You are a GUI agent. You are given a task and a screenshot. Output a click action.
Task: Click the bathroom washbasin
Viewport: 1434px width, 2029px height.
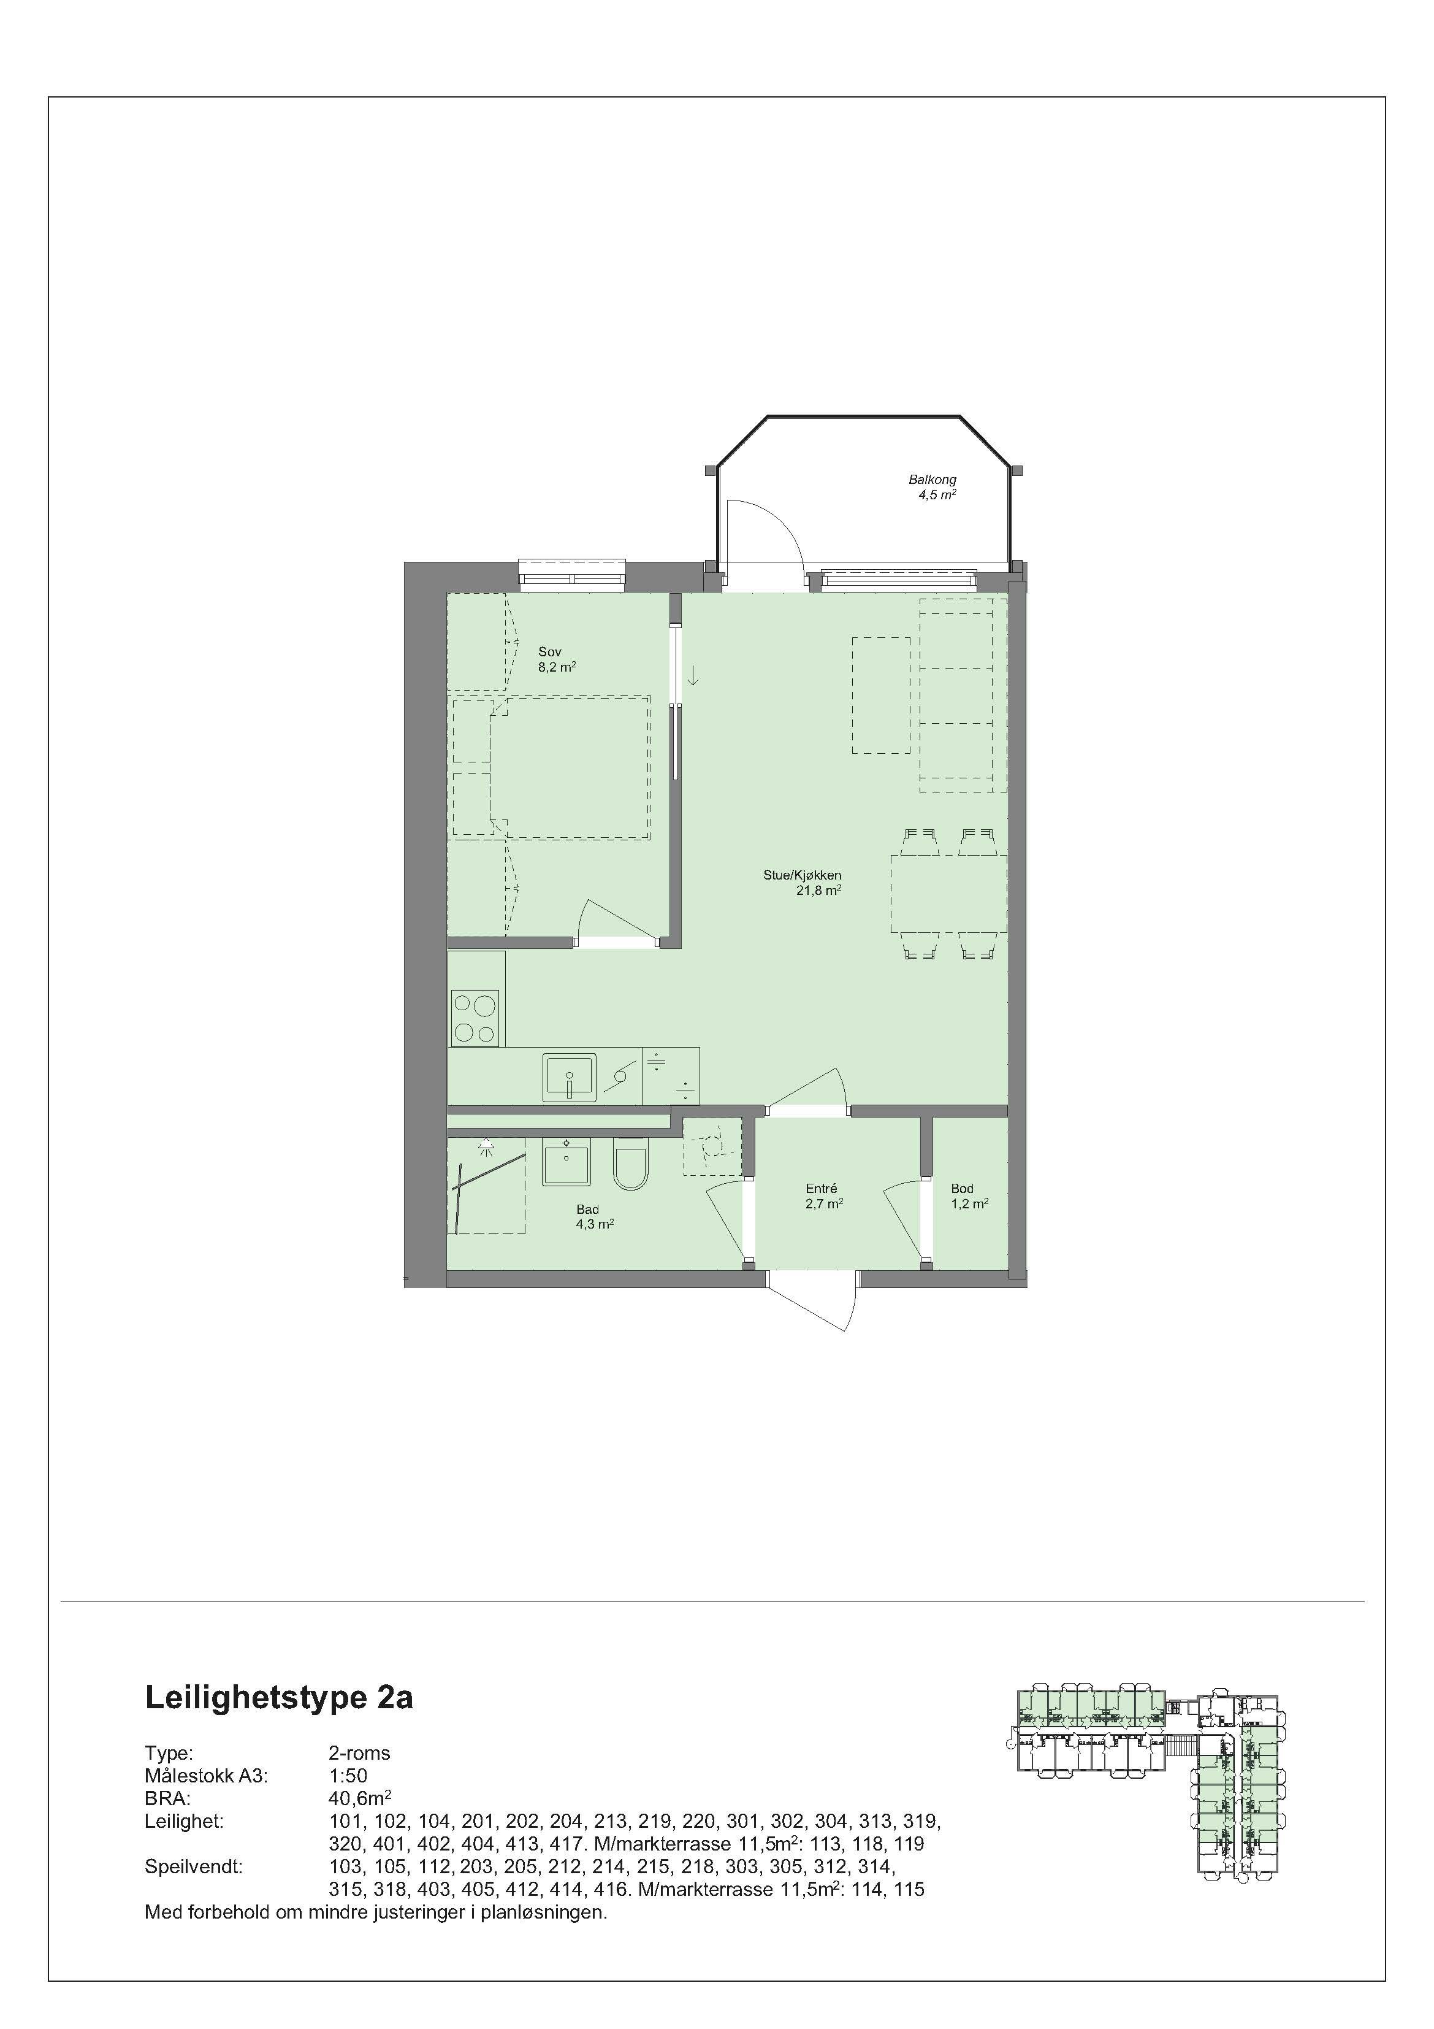click(x=565, y=1161)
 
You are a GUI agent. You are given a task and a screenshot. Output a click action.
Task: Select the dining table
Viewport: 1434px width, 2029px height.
click(x=948, y=894)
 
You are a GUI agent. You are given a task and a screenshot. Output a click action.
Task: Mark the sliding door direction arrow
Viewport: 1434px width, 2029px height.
click(x=693, y=676)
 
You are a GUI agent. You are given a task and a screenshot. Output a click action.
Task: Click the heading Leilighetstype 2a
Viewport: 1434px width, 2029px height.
click(x=278, y=1698)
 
